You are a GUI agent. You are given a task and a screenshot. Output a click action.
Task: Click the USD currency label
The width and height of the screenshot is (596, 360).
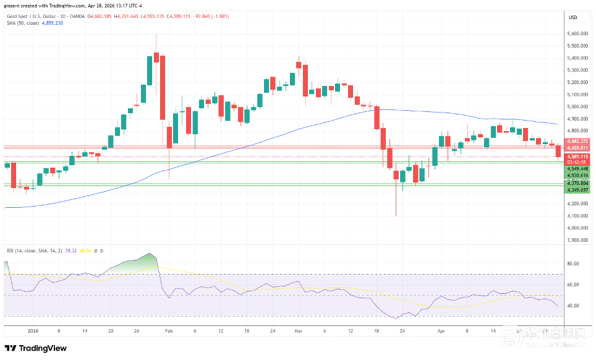tap(573, 17)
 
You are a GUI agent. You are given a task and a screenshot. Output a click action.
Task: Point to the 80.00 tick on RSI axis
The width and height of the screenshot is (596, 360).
tap(572, 263)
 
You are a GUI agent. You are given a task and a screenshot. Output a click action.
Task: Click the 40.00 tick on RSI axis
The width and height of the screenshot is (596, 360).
tap(572, 306)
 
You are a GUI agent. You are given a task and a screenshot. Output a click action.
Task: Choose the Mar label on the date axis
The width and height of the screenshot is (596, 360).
tap(298, 332)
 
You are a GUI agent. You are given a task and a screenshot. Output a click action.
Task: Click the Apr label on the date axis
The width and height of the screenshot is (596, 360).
tap(440, 332)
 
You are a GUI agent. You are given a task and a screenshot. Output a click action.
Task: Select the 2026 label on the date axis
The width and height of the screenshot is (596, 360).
tap(25, 332)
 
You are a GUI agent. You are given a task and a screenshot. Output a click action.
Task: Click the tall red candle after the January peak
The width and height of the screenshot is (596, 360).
tap(163, 87)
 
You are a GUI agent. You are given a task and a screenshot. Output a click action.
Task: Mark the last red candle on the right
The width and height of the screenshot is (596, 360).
tap(559, 151)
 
